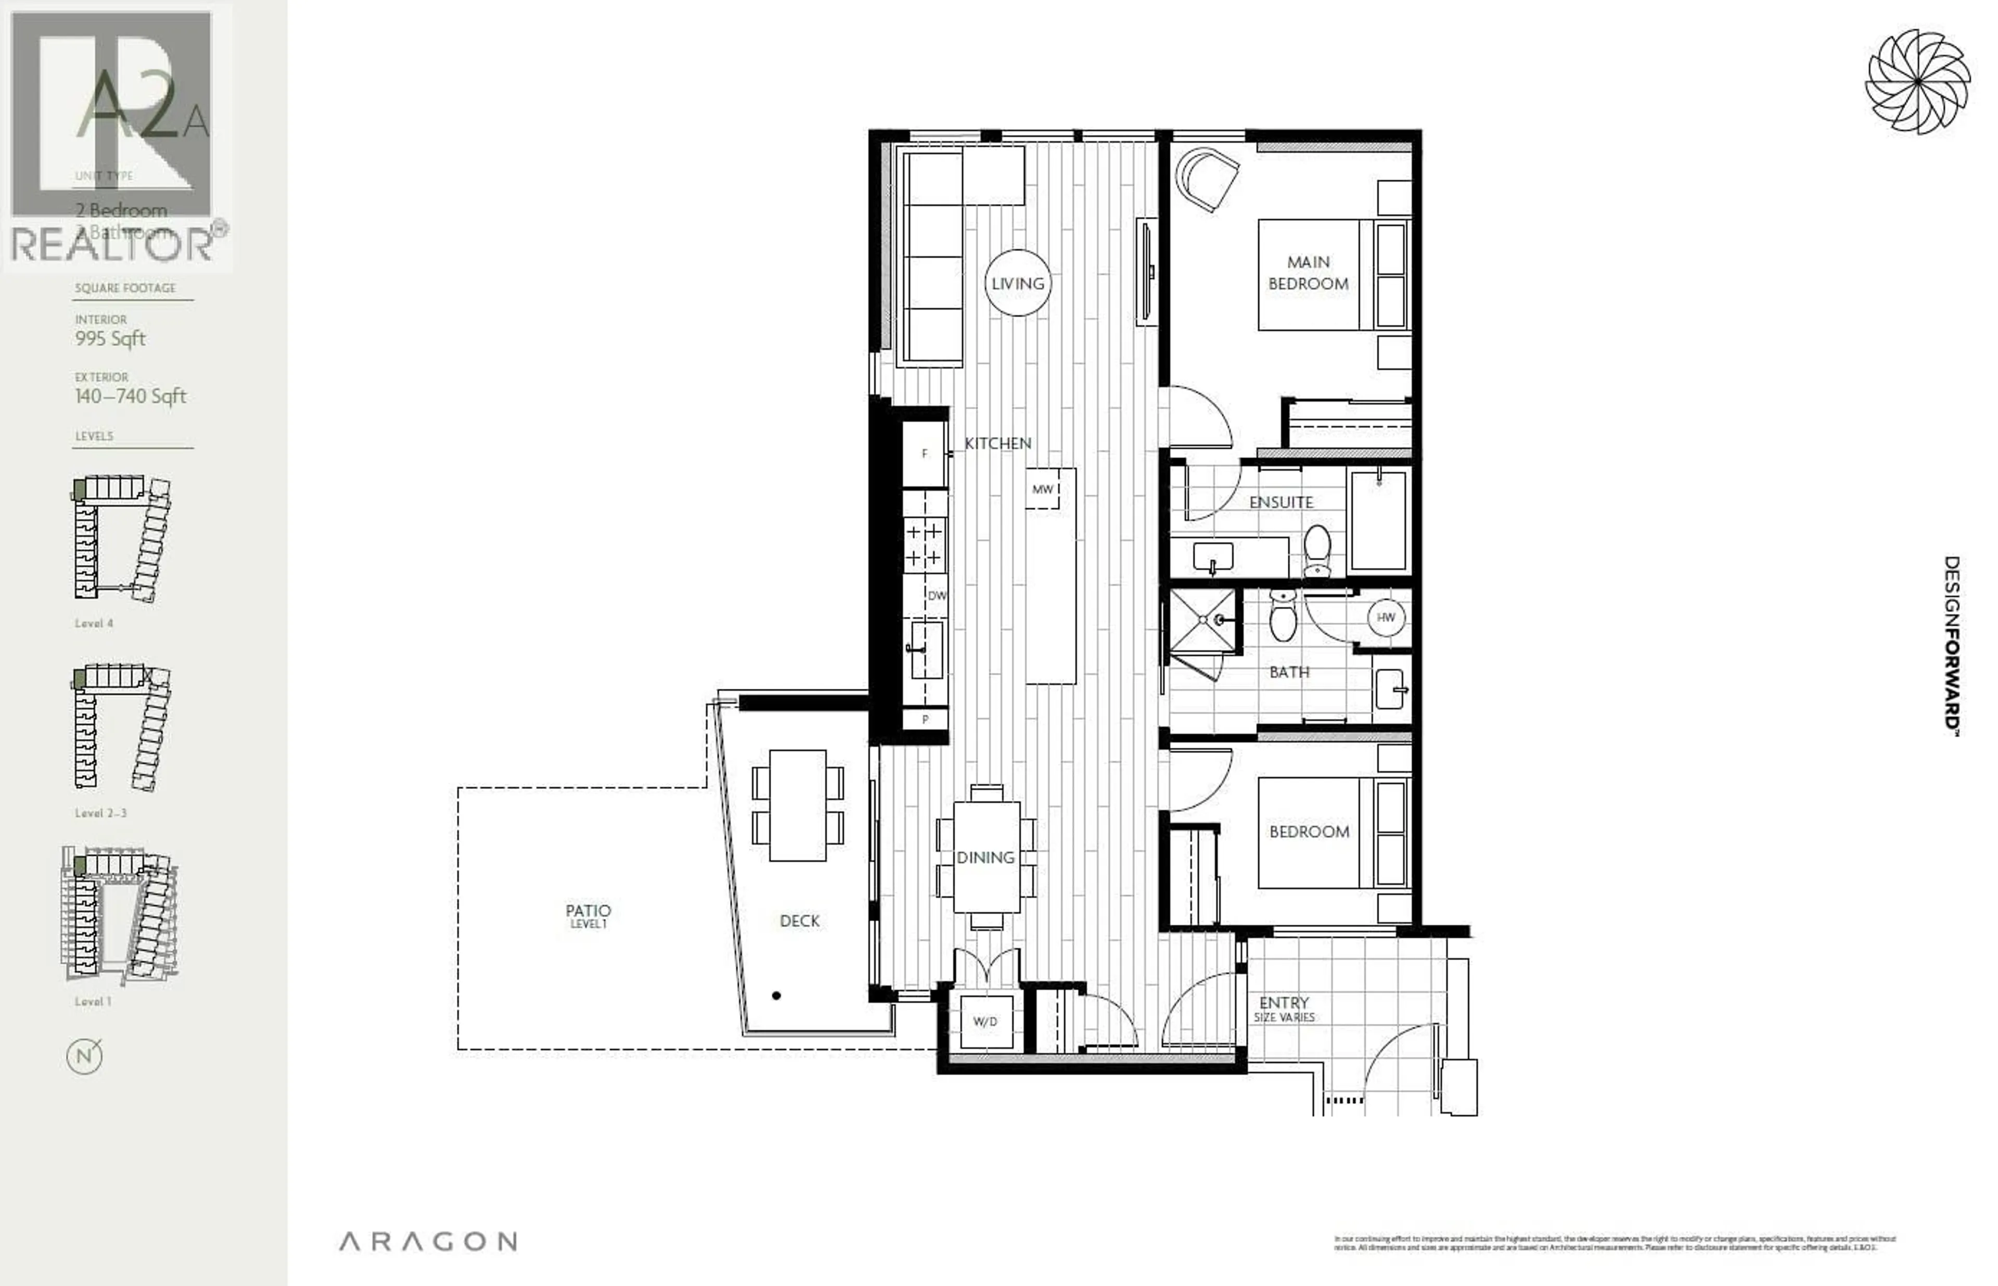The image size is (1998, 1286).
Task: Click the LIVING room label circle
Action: pyautogui.click(x=1017, y=283)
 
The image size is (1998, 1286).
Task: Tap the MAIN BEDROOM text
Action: pyautogui.click(x=1308, y=273)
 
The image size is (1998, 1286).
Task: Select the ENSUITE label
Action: pyautogui.click(x=1280, y=502)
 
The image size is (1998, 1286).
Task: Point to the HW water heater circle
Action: pyautogui.click(x=1386, y=617)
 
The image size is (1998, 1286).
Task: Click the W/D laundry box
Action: pyautogui.click(x=985, y=1022)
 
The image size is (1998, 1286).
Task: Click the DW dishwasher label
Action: pyautogui.click(x=937, y=596)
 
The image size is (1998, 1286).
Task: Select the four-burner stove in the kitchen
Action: pyautogui.click(x=924, y=544)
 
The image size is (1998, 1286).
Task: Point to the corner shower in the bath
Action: pyautogui.click(x=1202, y=621)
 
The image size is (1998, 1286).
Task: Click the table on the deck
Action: pyautogui.click(x=797, y=805)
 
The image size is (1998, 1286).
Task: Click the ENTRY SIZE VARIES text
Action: pyautogui.click(x=1284, y=1008)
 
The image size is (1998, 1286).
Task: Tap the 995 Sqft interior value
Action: pyautogui.click(x=110, y=338)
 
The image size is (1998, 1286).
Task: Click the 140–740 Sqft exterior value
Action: pyautogui.click(x=130, y=396)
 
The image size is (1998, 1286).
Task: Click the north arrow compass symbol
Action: pyautogui.click(x=84, y=1055)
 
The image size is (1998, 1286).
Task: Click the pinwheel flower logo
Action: pyautogui.click(x=1917, y=82)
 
